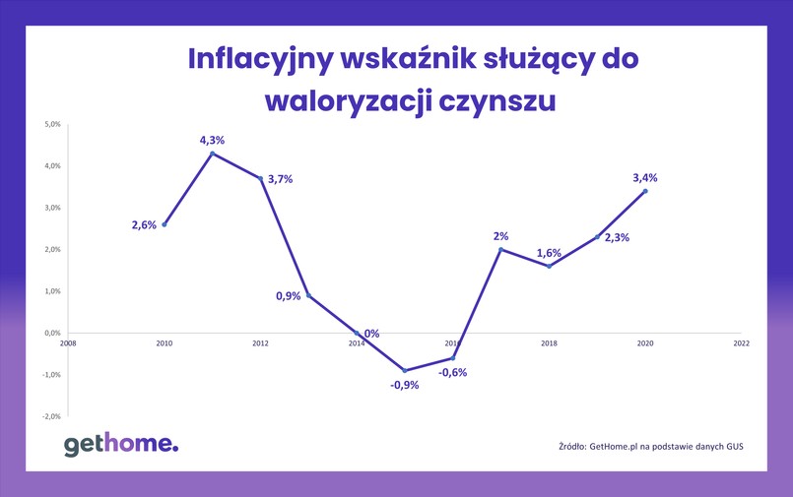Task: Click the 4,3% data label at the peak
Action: click(213, 141)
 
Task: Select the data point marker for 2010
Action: click(165, 224)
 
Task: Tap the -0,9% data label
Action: click(404, 385)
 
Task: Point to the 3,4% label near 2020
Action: click(645, 178)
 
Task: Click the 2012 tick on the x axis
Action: click(260, 343)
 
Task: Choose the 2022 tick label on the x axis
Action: click(741, 343)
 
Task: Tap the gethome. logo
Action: click(121, 445)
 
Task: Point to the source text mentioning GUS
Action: click(650, 446)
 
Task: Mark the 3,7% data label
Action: click(281, 179)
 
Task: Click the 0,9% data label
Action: click(287, 296)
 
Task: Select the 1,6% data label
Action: click(549, 253)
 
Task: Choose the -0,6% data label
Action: click(452, 372)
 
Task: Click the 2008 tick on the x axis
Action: click(67, 343)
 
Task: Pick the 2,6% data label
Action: click(144, 225)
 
